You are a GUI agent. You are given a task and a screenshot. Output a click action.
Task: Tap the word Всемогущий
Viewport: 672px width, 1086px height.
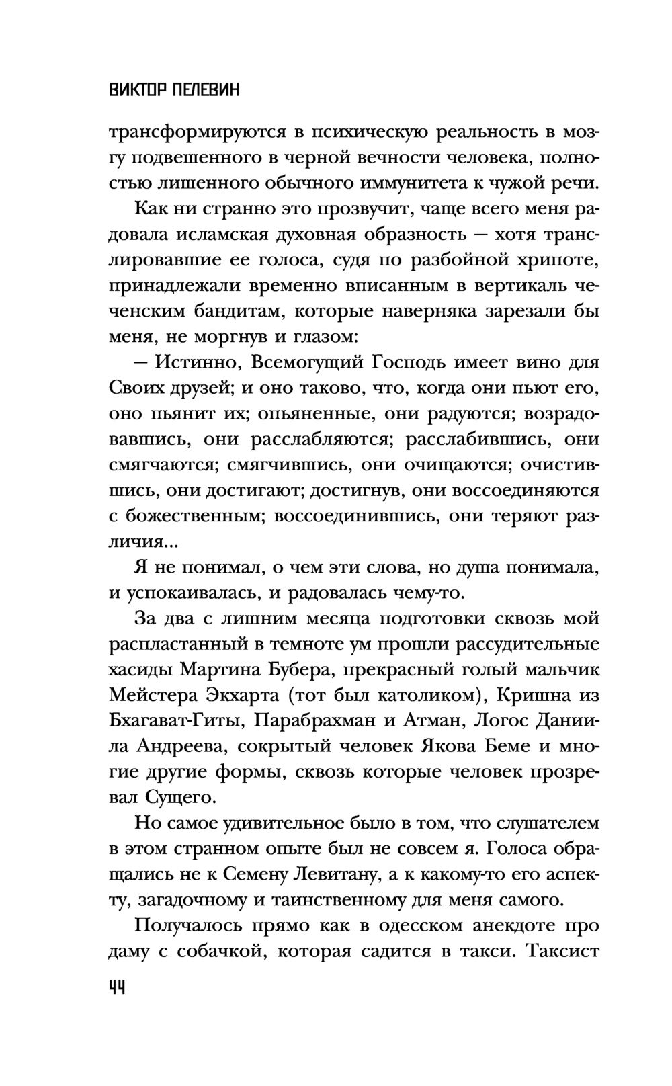305,362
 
